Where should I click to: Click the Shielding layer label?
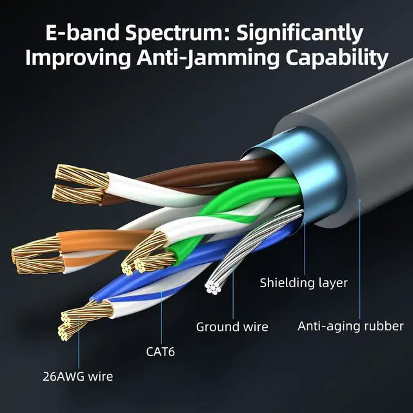click(303, 283)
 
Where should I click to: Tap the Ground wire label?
click(232, 327)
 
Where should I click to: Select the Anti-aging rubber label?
click(350, 326)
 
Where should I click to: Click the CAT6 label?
click(160, 352)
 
